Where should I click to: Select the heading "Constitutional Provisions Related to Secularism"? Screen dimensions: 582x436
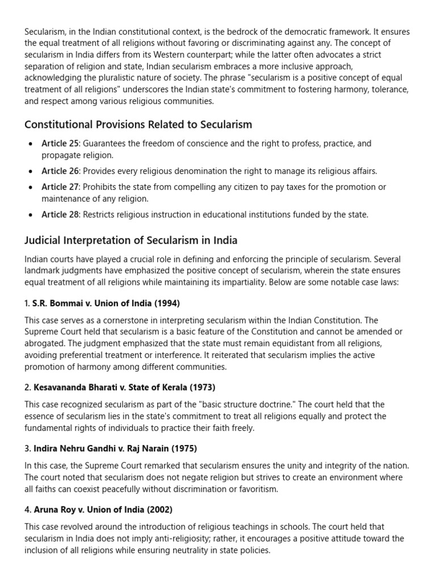[138, 124]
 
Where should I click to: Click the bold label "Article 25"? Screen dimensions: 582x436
[60, 144]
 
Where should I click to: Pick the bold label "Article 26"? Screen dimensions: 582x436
[60, 171]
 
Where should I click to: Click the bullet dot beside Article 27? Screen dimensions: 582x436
[30, 188]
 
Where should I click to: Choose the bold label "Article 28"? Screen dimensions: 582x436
[60, 215]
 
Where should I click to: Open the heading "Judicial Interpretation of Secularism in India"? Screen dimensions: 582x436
[131, 240]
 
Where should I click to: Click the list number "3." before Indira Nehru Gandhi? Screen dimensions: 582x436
[28, 449]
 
